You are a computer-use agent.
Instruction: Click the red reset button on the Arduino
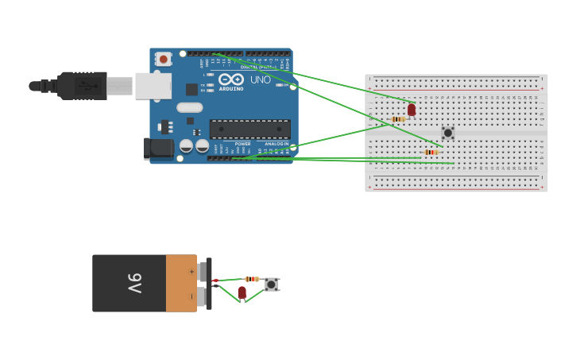tap(164, 59)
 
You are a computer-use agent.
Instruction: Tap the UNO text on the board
tap(261, 79)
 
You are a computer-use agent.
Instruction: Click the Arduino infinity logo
tap(231, 79)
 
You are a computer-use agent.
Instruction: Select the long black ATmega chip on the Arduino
tap(249, 129)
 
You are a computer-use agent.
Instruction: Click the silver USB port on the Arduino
tap(153, 86)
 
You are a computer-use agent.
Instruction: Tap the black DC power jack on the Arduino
tap(159, 147)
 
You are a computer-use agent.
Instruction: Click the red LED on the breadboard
tap(412, 110)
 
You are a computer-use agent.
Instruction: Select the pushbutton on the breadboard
tap(448, 133)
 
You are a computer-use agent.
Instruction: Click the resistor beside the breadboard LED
tap(398, 119)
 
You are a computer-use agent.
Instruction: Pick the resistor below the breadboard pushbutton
tap(431, 152)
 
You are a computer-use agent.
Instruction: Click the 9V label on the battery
tap(134, 283)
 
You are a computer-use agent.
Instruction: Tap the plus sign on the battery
tap(191, 271)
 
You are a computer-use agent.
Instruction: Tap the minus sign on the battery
tap(191, 296)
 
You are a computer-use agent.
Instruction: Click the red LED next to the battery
tap(242, 292)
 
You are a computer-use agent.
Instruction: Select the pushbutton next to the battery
tap(271, 284)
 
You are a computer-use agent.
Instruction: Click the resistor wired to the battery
tap(252, 279)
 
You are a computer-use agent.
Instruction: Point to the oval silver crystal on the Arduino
tap(190, 107)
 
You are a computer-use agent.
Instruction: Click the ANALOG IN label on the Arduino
tap(276, 144)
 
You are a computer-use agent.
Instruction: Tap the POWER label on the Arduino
tap(242, 144)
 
